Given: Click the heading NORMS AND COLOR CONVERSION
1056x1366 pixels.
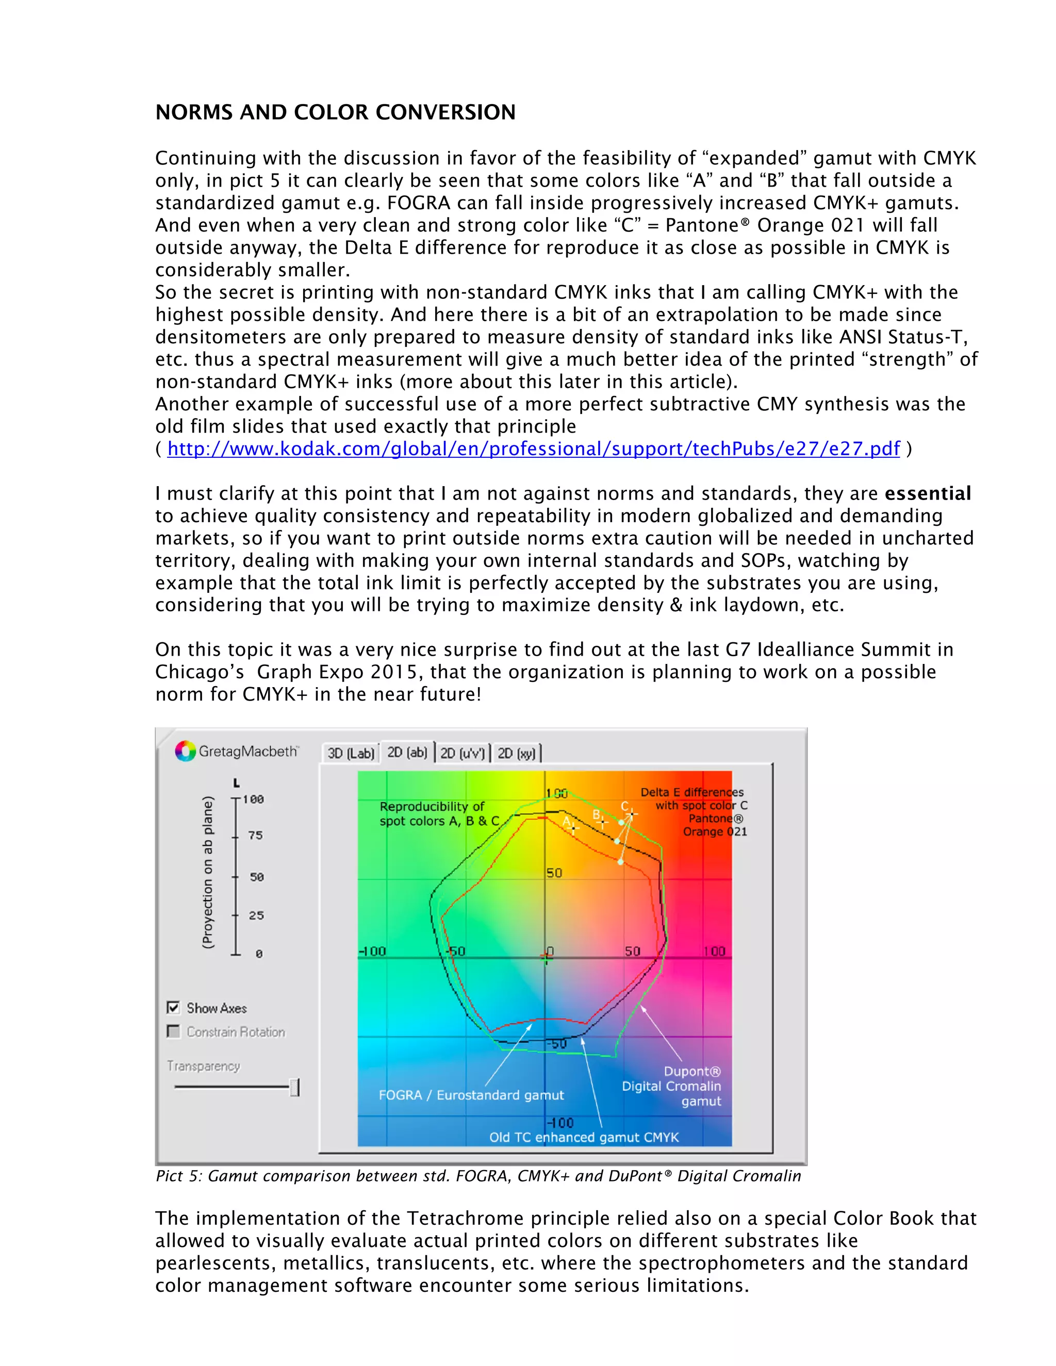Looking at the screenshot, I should pyautogui.click(x=335, y=112).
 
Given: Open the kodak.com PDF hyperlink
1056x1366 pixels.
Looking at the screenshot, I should pyautogui.click(x=533, y=449).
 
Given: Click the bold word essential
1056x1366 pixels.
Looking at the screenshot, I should pyautogui.click(x=927, y=493).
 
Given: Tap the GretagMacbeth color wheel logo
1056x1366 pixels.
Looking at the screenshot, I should pyautogui.click(x=185, y=751).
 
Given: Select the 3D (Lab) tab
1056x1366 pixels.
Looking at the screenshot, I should pyautogui.click(x=350, y=753).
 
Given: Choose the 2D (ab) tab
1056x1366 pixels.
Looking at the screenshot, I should pyautogui.click(x=407, y=753).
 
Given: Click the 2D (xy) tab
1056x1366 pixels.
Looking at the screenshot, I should pyautogui.click(x=516, y=753).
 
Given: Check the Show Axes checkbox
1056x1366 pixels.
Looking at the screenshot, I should pyautogui.click(x=173, y=1008).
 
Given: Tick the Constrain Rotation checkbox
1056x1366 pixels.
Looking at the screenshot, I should pyautogui.click(x=173, y=1031).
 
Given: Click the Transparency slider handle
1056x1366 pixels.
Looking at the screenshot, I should pyautogui.click(x=294, y=1088).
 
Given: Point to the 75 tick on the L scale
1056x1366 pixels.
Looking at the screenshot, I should pyautogui.click(x=236, y=836).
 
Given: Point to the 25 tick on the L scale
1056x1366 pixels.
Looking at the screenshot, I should pyautogui.click(x=236, y=915).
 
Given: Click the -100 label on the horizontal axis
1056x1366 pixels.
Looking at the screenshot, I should pyautogui.click(x=372, y=952).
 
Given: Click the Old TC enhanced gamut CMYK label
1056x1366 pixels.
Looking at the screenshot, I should pyautogui.click(x=583, y=1137).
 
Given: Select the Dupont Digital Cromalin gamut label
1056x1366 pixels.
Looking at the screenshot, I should pyautogui.click(x=672, y=1087).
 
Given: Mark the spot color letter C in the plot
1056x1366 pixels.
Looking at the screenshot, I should pyautogui.click(x=624, y=807).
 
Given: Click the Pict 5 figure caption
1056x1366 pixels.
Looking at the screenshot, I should pyautogui.click(x=478, y=1176).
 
